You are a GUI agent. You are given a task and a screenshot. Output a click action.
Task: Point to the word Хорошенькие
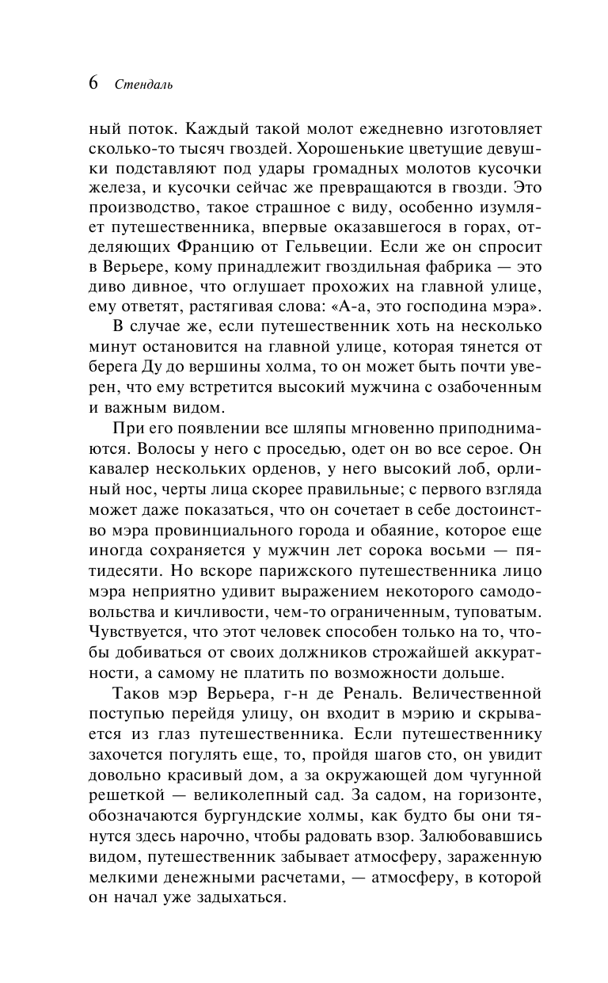pos(374,147)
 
